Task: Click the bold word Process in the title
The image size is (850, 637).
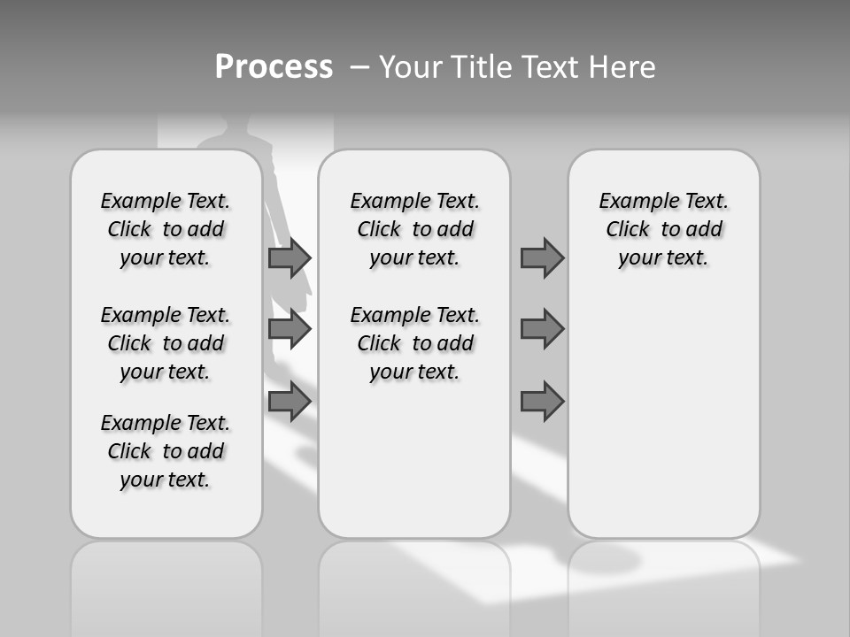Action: point(274,67)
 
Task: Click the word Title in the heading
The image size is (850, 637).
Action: point(482,67)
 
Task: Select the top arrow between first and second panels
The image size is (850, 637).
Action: point(290,258)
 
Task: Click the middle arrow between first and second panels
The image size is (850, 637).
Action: point(290,329)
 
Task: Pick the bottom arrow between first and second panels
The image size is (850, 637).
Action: point(290,402)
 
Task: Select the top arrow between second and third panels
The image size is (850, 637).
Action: point(542,258)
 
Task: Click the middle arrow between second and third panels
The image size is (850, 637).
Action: point(542,329)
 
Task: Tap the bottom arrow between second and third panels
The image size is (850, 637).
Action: point(542,402)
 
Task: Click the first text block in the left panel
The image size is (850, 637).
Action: point(166,229)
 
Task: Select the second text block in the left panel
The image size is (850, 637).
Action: point(166,343)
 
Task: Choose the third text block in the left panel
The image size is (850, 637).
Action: point(166,451)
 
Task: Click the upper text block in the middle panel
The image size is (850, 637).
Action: point(414,229)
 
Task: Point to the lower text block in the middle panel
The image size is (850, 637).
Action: point(414,343)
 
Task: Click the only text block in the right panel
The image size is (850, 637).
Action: point(664,229)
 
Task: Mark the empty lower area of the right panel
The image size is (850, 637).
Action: point(664,416)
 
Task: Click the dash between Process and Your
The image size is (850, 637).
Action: point(358,67)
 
